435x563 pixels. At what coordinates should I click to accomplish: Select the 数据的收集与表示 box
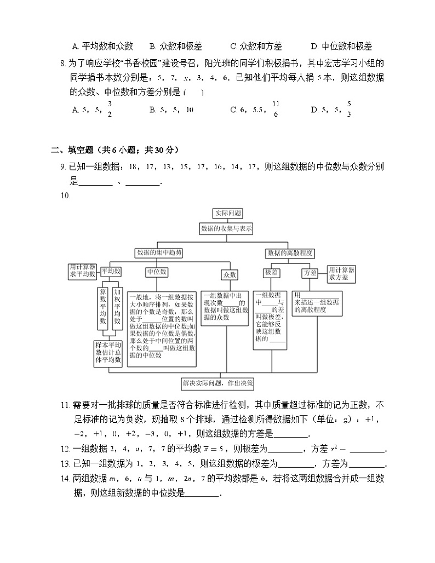click(x=226, y=229)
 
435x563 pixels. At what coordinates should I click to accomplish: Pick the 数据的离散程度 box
click(x=289, y=253)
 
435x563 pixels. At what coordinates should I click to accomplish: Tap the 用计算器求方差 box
click(x=341, y=274)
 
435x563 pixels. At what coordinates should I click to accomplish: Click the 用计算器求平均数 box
click(x=82, y=270)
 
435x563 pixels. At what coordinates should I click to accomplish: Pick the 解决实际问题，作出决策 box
click(x=225, y=383)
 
